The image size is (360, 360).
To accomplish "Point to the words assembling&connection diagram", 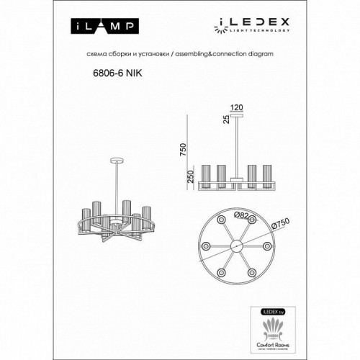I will coord(232,54).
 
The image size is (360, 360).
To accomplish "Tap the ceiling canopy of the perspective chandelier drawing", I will coord(117,159).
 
